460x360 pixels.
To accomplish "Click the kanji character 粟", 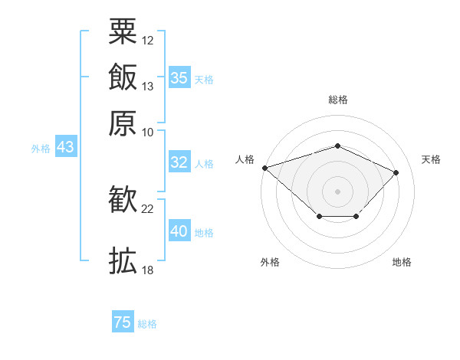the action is click(x=123, y=31).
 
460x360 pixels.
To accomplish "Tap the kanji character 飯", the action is click(x=123, y=77).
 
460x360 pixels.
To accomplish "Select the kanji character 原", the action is click(x=123, y=123).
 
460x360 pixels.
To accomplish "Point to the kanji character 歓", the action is click(x=123, y=199).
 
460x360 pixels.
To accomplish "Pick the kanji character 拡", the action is click(x=123, y=260).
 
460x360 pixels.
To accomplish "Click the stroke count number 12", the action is click(x=147, y=41).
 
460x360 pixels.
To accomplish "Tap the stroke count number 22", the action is click(x=147, y=209).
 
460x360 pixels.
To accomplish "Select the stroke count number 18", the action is click(x=147, y=270).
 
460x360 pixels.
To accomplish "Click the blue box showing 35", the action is click(x=179, y=77).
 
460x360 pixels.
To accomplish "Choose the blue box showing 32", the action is click(x=179, y=162).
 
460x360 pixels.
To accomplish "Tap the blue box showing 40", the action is click(x=179, y=230).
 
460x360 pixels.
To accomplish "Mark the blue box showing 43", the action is click(x=66, y=146).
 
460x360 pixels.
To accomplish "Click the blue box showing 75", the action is click(x=123, y=321).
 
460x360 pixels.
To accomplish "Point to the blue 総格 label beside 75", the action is click(x=147, y=324).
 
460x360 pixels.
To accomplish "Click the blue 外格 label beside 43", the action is click(x=41, y=149).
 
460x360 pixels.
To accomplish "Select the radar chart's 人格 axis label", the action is click(x=245, y=159).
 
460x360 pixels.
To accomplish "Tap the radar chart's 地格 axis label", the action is click(x=402, y=262).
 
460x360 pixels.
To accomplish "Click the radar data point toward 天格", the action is click(x=396, y=172).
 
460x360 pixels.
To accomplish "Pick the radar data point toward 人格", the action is click(x=265, y=168).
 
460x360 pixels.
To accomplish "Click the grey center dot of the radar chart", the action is click(x=337, y=191).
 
